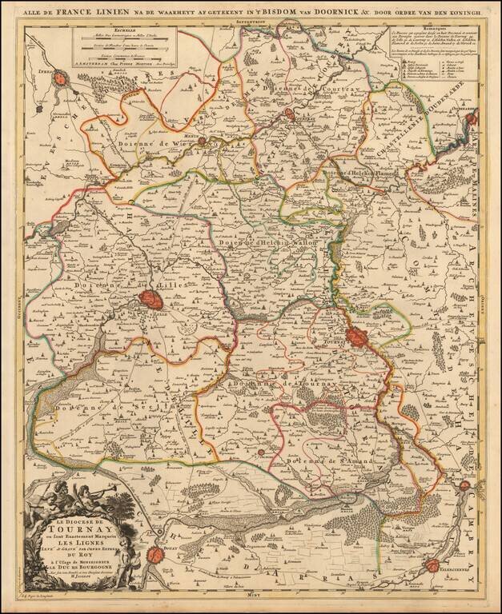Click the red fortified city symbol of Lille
(150, 301)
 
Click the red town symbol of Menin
(203, 142)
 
